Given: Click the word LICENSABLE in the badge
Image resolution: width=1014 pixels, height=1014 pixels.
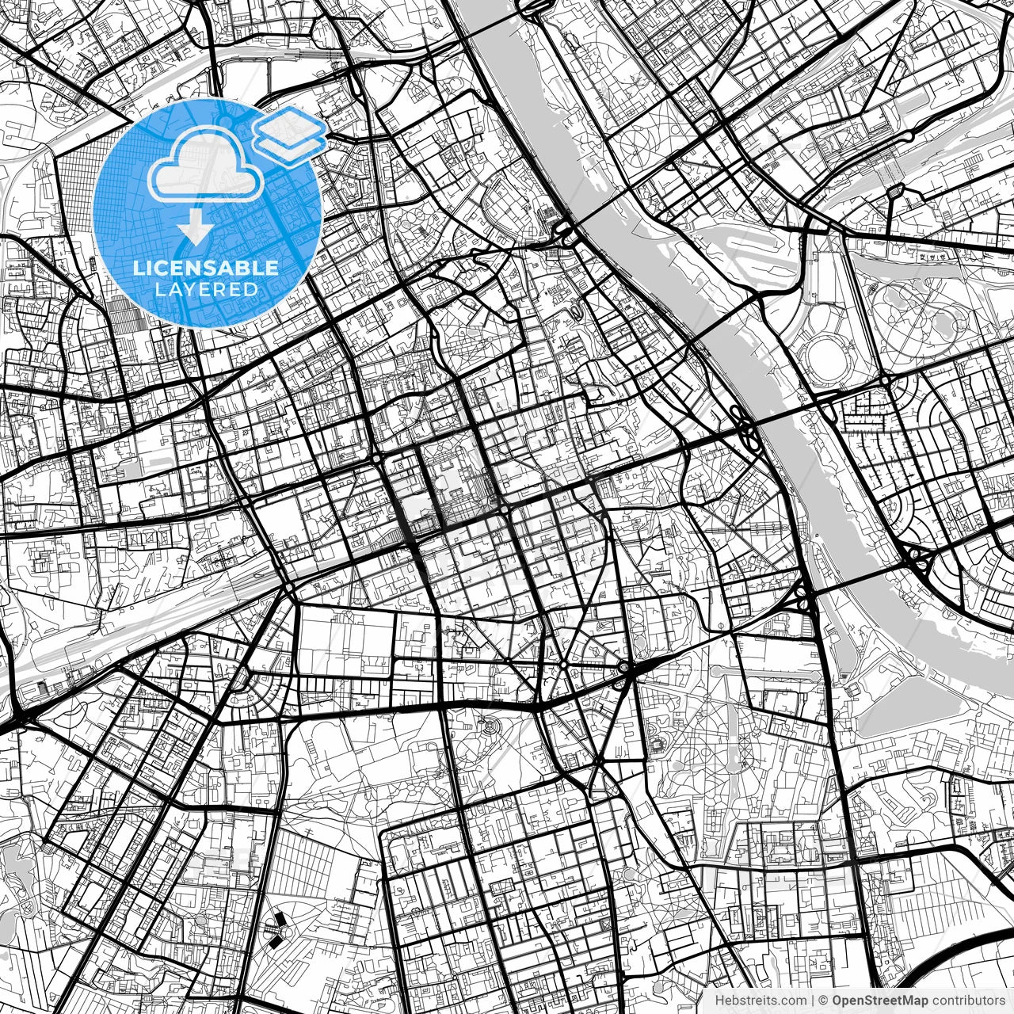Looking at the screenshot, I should click(x=206, y=268).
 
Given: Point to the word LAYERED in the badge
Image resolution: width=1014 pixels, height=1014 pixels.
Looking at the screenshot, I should click(x=206, y=290).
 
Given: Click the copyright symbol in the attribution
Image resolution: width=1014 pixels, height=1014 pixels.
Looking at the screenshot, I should click(x=823, y=1000).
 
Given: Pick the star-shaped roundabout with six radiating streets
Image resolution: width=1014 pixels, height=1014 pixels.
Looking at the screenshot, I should click(x=563, y=664).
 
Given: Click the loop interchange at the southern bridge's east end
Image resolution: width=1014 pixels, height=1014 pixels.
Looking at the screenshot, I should click(x=919, y=558).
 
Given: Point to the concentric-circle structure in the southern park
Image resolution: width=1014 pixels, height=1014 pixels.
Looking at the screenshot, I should click(x=490, y=726).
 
